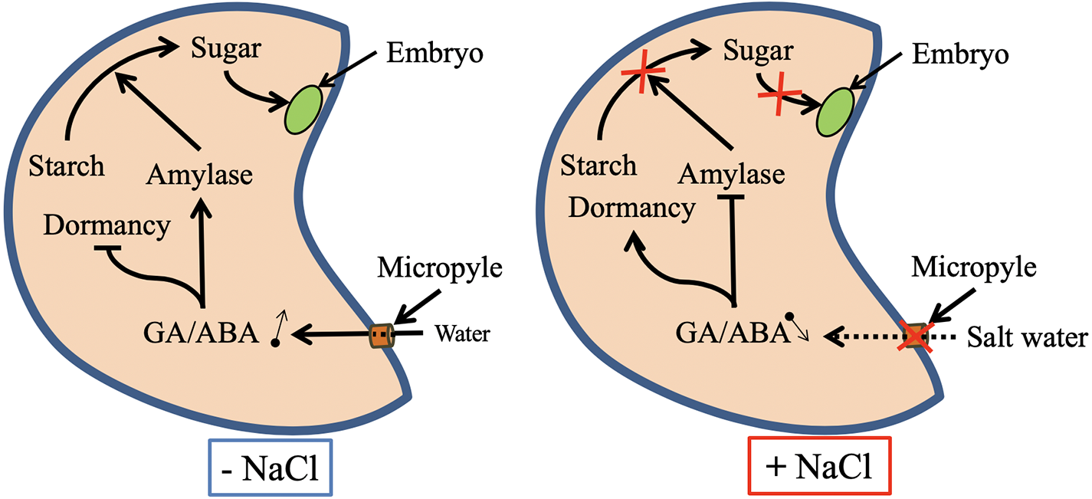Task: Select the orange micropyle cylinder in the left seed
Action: tap(381, 335)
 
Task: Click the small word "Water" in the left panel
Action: tap(462, 334)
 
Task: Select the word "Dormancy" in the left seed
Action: tap(107, 226)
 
